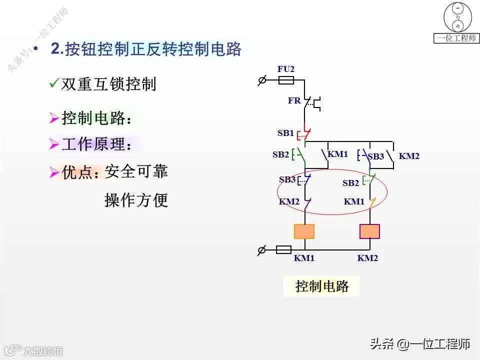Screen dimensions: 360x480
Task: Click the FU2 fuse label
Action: [286, 69]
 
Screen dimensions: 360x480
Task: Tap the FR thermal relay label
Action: [294, 100]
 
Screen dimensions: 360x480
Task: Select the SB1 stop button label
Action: [285, 133]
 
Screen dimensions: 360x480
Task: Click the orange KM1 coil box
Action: [304, 231]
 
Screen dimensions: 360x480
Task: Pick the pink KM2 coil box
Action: [369, 231]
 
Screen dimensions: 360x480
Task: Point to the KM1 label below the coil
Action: [304, 258]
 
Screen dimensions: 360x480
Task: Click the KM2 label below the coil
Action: [367, 258]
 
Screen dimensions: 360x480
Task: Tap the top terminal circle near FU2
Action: [261, 80]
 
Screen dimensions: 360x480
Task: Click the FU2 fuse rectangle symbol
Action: [285, 80]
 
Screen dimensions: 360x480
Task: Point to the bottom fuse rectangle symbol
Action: [284, 249]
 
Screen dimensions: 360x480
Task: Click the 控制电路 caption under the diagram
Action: [321, 286]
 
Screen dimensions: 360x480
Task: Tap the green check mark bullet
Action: [54, 83]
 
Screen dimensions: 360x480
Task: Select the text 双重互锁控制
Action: [108, 84]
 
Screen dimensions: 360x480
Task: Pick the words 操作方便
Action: [136, 200]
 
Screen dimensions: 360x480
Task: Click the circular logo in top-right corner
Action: [457, 17]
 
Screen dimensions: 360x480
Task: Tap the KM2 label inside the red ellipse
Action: [289, 202]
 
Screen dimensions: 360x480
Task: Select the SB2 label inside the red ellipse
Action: [350, 183]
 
